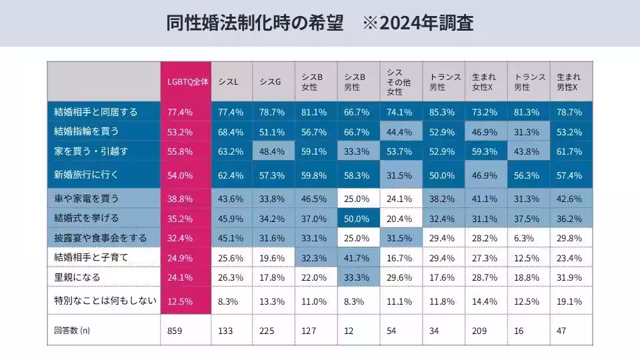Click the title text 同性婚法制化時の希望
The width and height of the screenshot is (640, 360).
click(255, 23)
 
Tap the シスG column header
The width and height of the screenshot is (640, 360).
click(269, 82)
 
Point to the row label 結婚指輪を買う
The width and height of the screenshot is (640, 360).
click(87, 131)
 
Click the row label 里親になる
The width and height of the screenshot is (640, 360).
click(77, 277)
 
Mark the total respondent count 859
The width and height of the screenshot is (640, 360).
click(175, 329)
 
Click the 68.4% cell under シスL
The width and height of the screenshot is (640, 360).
click(231, 131)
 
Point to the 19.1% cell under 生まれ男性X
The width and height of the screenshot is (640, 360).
click(569, 301)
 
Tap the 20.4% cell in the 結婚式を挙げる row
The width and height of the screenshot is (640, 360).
click(399, 218)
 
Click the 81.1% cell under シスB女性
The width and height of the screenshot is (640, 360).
click(314, 111)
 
